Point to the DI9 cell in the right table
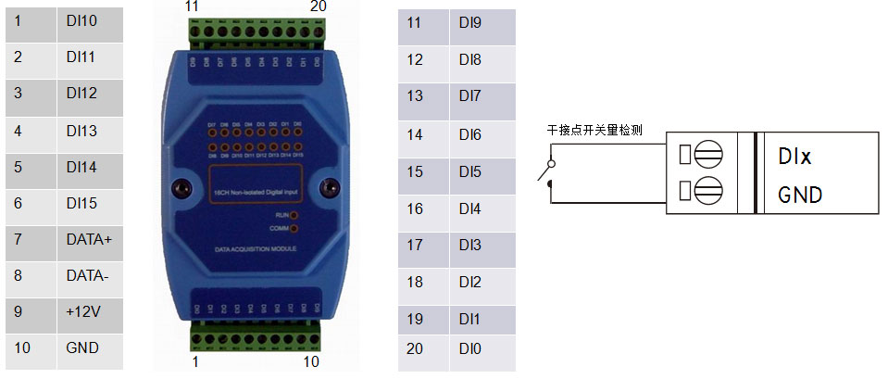(x=484, y=23)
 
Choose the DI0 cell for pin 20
(x=484, y=349)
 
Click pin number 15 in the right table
(x=415, y=171)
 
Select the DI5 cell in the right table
(x=484, y=171)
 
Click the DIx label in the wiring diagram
(x=794, y=157)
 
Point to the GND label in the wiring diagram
(x=800, y=196)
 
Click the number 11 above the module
(x=192, y=6)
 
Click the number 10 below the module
(x=311, y=361)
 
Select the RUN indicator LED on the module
(x=294, y=214)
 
